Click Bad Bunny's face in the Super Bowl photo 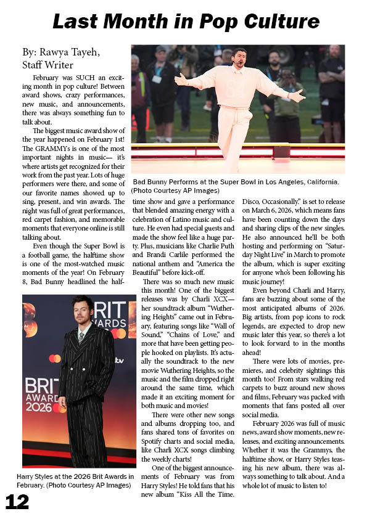click(240, 59)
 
